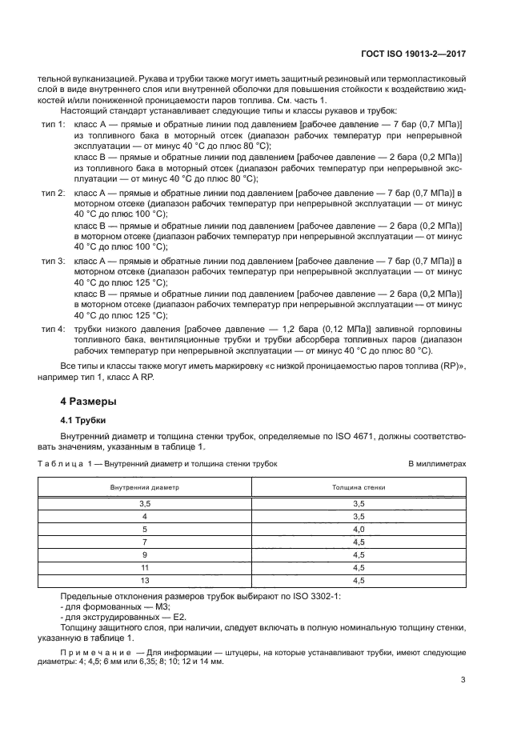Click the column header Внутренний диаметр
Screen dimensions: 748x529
pyautogui.click(x=145, y=486)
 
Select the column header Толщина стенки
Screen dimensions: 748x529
pyautogui.click(x=359, y=486)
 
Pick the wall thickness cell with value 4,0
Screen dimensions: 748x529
pyautogui.click(x=359, y=530)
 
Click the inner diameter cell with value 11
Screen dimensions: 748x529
pyautogui.click(x=145, y=567)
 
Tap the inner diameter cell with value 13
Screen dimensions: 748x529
pyautogui.click(x=145, y=580)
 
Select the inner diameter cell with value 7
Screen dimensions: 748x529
pyautogui.click(x=145, y=542)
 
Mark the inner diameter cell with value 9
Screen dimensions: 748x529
pyautogui.click(x=145, y=555)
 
